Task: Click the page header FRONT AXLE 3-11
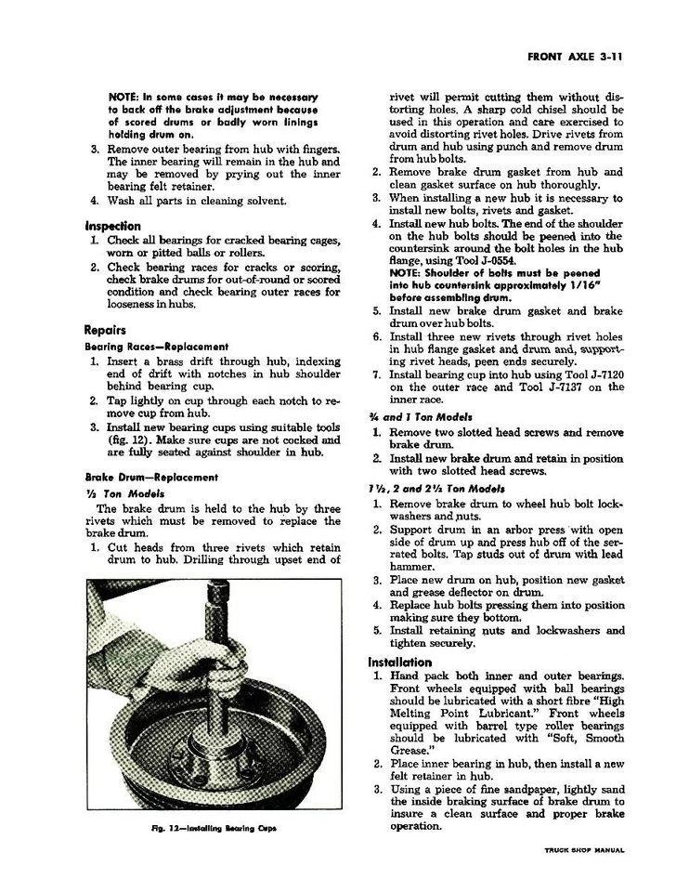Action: (x=573, y=57)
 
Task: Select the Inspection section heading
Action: (x=112, y=226)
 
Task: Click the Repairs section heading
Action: (x=105, y=330)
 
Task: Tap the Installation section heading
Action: (x=399, y=662)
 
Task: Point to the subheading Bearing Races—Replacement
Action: (x=156, y=347)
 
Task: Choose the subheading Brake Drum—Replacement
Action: (x=150, y=478)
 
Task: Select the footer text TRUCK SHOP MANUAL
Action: (x=584, y=849)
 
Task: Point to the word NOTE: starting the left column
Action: (x=125, y=97)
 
